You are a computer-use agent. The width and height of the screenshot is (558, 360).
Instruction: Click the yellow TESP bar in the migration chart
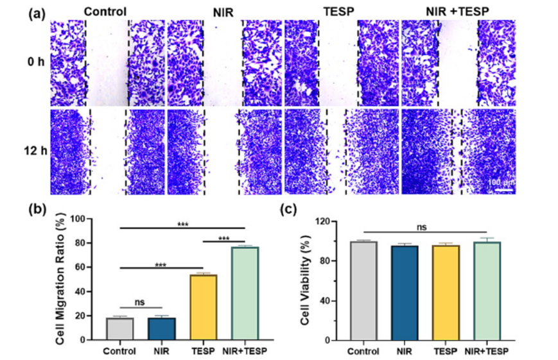203,307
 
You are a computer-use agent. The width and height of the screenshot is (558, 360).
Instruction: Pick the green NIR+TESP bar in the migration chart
245,293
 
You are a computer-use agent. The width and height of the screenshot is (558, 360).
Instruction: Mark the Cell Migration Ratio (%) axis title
62,280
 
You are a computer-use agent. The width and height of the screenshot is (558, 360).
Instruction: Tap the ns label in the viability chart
423,226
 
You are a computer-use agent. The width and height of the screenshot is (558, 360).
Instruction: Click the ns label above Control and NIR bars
141,302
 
